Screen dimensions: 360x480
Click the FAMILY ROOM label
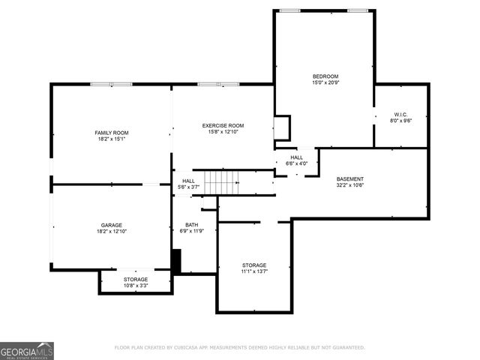pos(112,133)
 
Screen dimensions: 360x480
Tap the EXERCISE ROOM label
pos(223,125)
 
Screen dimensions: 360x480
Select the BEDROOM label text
pos(325,76)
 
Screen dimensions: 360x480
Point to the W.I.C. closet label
pos(401,114)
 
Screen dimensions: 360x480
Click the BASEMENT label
pos(349,178)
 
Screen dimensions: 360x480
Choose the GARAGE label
pos(112,225)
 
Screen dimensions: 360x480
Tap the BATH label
pos(191,225)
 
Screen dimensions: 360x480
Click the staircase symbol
pos(223,181)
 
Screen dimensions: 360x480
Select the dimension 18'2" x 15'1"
pos(112,139)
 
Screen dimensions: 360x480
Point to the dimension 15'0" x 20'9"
pos(325,83)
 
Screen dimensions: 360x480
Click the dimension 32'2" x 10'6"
pos(349,185)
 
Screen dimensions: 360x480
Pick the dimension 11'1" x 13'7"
pos(253,271)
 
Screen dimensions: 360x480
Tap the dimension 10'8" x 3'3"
pos(136,286)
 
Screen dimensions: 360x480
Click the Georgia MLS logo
pos(26,350)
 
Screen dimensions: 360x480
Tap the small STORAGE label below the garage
pos(136,279)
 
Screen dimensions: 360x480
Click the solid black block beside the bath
pos(176,261)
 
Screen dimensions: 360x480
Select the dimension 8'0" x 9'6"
pos(401,121)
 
